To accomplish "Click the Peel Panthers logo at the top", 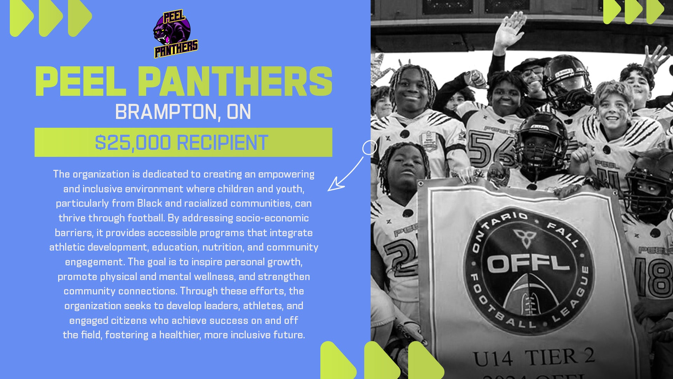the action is click(176, 34).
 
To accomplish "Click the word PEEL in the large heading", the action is click(81, 81).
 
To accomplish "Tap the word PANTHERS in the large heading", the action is click(235, 81).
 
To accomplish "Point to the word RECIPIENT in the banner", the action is click(223, 142).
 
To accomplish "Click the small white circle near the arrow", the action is click(369, 148).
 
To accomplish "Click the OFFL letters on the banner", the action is click(528, 263).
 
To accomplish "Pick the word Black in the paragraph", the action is click(150, 204).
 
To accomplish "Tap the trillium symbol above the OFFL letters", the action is click(525, 238).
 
